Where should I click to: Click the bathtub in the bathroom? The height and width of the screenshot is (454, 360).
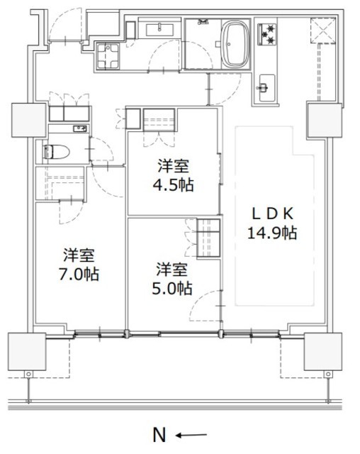pyautogui.click(x=235, y=44)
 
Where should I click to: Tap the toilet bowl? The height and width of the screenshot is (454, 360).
pyautogui.click(x=56, y=152)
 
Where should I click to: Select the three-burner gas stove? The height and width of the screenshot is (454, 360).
pyautogui.click(x=267, y=35)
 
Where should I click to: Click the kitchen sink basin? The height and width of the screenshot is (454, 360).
pyautogui.click(x=267, y=88)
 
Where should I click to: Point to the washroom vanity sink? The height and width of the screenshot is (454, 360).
pyautogui.click(x=159, y=30)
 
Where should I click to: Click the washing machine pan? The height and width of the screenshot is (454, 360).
pyautogui.click(x=108, y=56)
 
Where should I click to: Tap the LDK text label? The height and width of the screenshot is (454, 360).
pyautogui.click(x=273, y=214)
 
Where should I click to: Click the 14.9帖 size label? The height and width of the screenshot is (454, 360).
pyautogui.click(x=272, y=233)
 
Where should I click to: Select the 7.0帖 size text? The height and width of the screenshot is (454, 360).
pyautogui.click(x=79, y=275)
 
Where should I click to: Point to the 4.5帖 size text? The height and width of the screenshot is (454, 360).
pyautogui.click(x=173, y=184)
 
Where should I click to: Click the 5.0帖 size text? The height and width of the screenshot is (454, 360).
pyautogui.click(x=172, y=289)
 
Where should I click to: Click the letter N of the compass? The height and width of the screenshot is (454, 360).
pyautogui.click(x=159, y=435)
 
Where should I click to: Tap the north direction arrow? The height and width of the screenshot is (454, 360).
pyautogui.click(x=191, y=435)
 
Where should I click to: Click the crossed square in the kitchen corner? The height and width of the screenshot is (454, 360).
pyautogui.click(x=323, y=31)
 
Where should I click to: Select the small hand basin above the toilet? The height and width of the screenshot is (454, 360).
pyautogui.click(x=80, y=129)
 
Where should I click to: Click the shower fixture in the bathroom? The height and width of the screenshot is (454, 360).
pyautogui.click(x=203, y=22)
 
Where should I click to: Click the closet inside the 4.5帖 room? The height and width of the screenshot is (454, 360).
pyautogui.click(x=159, y=120)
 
